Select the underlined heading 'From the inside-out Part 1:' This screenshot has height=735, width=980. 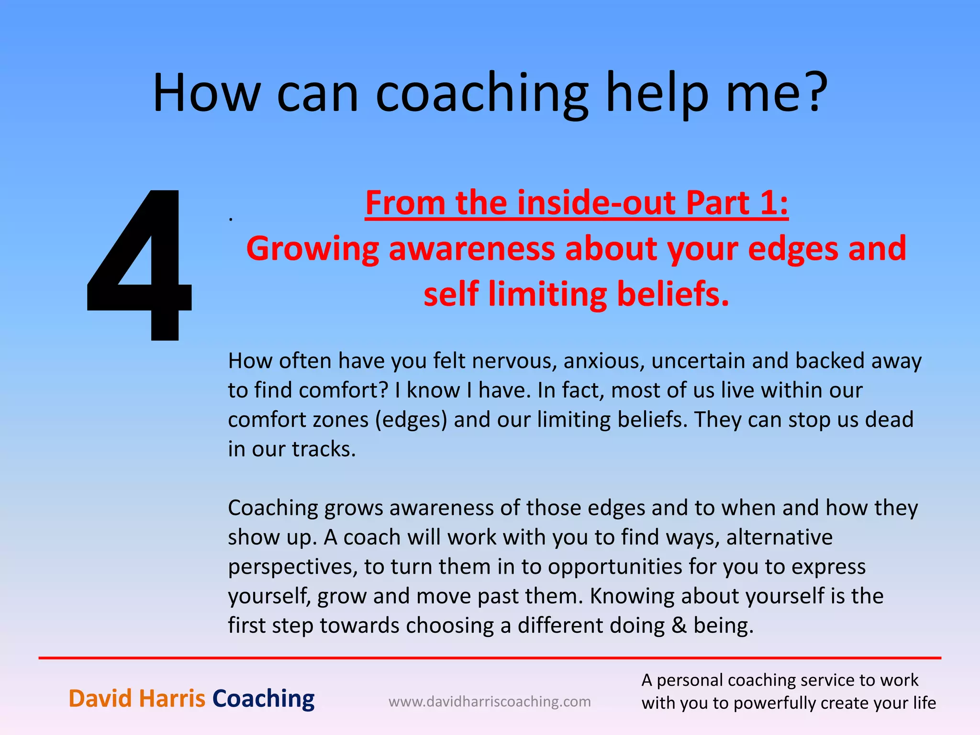click(x=576, y=203)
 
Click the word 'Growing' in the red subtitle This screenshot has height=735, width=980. click(x=312, y=249)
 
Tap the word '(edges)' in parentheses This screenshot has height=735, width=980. click(x=411, y=420)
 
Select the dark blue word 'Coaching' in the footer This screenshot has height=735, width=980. click(x=263, y=699)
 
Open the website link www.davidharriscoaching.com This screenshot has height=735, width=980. click(x=490, y=702)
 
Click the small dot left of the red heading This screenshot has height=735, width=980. click(x=231, y=219)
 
